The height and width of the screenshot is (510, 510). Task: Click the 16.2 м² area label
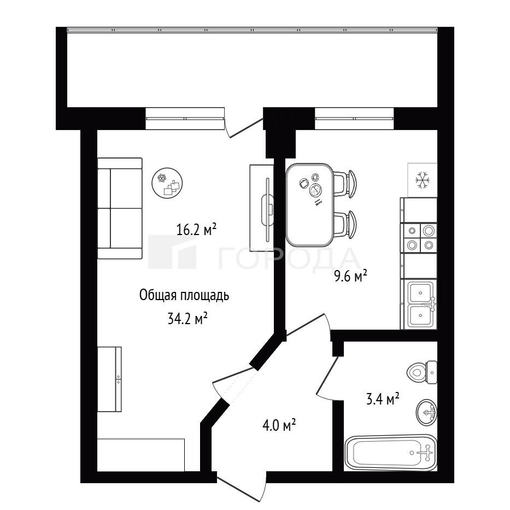point(196,229)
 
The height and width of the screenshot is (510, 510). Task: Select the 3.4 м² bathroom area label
point(383,399)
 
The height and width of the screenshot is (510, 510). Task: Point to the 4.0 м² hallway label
point(279,425)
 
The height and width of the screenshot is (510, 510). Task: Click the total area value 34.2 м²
point(188,319)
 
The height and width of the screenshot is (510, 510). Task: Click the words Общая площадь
point(184,296)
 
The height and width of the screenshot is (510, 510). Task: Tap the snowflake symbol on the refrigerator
point(423,180)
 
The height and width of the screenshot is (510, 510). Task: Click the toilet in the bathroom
point(422,372)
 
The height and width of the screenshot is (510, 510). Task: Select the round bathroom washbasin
point(426,412)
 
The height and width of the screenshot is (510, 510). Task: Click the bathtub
point(391,453)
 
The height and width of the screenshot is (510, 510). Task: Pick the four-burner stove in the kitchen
point(420,238)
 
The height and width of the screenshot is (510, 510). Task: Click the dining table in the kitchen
point(309,205)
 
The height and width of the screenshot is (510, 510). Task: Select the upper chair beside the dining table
point(345,184)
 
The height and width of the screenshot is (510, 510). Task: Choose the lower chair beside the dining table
point(345,225)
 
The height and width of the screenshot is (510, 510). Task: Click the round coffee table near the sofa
point(167,184)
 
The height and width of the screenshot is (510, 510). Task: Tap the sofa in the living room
point(120,208)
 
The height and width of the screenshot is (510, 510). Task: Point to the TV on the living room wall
point(268,210)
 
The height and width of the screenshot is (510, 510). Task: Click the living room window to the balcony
point(185,119)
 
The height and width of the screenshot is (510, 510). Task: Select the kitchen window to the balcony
point(355,119)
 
